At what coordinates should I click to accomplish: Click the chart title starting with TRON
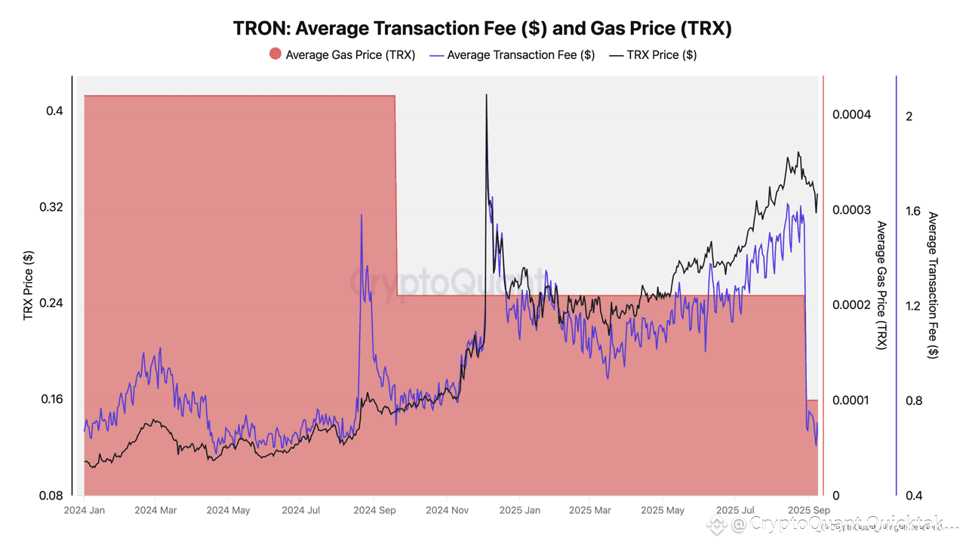[x=482, y=29]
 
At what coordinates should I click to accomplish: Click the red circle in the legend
[x=275, y=54]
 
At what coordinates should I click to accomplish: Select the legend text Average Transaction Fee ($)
[x=521, y=54]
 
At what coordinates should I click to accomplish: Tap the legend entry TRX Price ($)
[x=661, y=54]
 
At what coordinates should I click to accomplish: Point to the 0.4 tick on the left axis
[x=54, y=111]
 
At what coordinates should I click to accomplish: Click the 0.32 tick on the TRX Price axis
[x=51, y=208]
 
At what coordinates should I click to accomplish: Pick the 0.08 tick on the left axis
[x=51, y=496]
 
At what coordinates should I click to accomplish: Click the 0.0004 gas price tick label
[x=851, y=115]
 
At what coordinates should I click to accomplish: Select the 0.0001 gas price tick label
[x=851, y=400]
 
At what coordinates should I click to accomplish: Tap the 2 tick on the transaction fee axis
[x=909, y=116]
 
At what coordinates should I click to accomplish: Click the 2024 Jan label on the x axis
[x=85, y=511]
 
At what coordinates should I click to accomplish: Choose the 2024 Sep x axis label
[x=375, y=511]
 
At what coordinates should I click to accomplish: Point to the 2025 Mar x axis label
[x=591, y=511]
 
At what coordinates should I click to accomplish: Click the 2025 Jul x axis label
[x=735, y=511]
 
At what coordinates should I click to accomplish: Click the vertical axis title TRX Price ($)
[x=29, y=286]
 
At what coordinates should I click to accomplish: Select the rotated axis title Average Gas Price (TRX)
[x=881, y=286]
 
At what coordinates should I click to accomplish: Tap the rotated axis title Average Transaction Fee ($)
[x=933, y=286]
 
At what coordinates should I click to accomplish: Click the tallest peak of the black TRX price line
[x=486, y=95]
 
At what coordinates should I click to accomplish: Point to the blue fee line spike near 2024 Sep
[x=361, y=216]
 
